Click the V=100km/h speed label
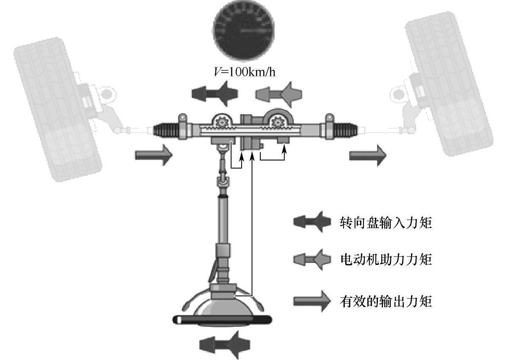244,71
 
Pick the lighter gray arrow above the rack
279,94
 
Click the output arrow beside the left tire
154,155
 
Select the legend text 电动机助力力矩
386,259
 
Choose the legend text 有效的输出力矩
386,301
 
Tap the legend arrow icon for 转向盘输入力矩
312,222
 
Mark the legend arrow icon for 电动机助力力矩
312,259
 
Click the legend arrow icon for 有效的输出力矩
312,301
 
